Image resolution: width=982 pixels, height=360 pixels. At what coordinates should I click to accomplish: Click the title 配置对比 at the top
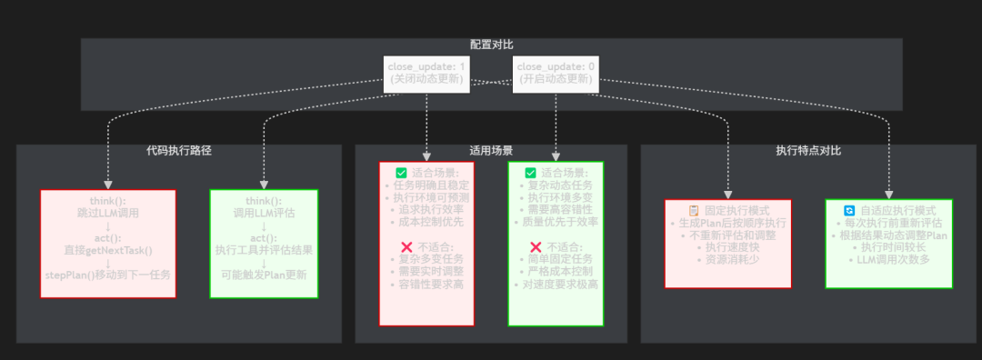[x=492, y=45]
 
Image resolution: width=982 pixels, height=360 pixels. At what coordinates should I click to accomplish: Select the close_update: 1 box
[x=426, y=73]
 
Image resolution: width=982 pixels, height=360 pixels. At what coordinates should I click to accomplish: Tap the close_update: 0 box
[x=555, y=73]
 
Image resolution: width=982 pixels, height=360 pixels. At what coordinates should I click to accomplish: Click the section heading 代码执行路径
[x=179, y=151]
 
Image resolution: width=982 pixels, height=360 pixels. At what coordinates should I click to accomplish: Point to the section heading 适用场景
[x=491, y=151]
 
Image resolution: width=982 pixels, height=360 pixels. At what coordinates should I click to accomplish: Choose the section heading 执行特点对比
[x=808, y=151]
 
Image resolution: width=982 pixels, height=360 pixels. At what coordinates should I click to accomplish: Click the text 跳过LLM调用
[x=108, y=212]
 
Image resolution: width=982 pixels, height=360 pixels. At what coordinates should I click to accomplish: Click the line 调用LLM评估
[x=264, y=213]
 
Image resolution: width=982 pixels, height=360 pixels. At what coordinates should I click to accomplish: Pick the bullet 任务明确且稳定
[x=426, y=185]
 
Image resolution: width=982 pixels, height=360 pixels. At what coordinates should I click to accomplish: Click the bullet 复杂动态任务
[x=555, y=185]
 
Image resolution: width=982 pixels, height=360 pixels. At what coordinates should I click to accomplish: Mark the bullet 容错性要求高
[x=426, y=284]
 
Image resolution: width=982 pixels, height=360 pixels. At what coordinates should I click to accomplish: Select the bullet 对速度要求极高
[x=555, y=284]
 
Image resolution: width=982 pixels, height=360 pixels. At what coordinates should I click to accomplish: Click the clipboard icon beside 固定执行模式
[x=693, y=210]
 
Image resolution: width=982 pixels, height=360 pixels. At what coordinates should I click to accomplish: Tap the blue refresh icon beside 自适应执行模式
[x=849, y=210]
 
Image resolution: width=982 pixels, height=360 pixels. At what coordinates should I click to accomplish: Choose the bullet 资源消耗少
[x=728, y=259]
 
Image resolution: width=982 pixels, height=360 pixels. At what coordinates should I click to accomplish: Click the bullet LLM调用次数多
[x=888, y=260]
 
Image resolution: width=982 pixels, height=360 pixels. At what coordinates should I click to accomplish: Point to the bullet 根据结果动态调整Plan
[x=888, y=235]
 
